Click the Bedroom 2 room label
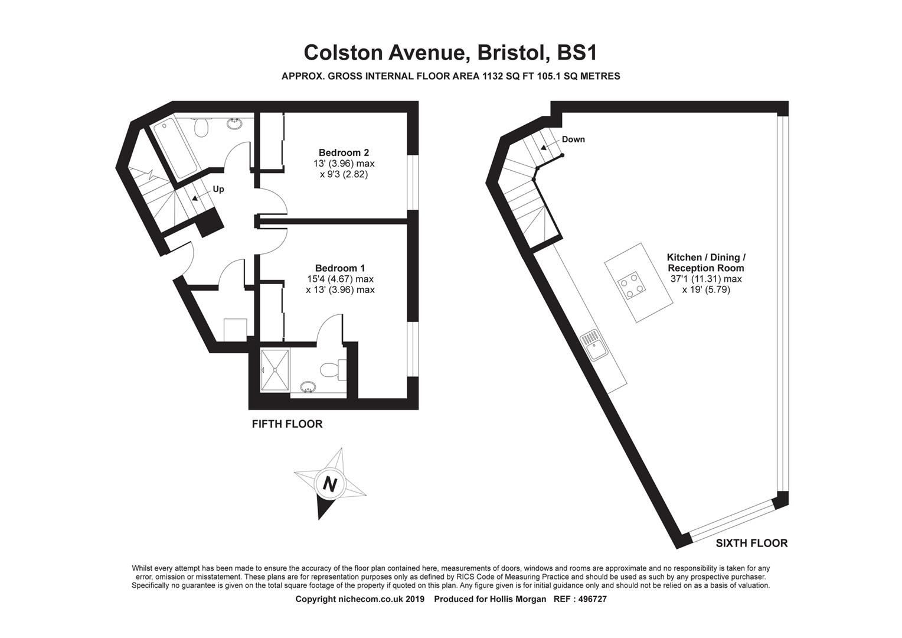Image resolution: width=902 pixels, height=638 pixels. [344, 153]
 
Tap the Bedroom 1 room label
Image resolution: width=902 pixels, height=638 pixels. [340, 268]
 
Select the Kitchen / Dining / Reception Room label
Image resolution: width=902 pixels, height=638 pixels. [706, 262]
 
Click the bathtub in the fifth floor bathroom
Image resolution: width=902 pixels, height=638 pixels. [175, 149]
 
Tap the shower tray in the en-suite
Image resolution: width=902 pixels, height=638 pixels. [275, 370]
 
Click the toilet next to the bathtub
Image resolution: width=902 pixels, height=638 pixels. [201, 126]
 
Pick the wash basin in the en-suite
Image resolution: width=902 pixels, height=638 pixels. [308, 387]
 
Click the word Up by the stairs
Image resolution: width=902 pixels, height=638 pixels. [218, 189]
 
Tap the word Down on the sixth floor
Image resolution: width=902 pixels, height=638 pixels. [573, 139]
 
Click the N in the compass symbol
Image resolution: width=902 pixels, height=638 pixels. [330, 484]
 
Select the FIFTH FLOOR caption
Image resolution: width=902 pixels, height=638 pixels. [287, 424]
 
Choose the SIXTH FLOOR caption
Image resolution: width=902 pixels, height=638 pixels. [751, 543]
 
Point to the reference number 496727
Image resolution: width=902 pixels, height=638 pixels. [592, 600]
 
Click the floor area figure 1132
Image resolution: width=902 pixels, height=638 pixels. [493, 76]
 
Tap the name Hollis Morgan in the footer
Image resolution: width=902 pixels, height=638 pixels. [518, 600]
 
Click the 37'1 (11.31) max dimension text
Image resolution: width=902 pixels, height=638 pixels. [706, 279]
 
